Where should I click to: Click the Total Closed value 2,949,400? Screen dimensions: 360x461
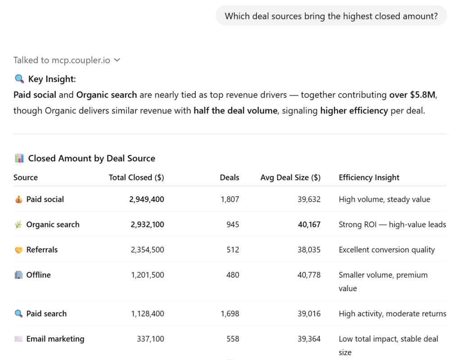pyautogui.click(x=146, y=199)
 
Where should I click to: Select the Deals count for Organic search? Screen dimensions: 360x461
pyautogui.click(x=233, y=225)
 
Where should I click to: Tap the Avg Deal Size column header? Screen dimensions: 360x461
pyautogui.click(x=290, y=177)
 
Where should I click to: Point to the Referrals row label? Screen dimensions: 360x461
pyautogui.click(x=42, y=250)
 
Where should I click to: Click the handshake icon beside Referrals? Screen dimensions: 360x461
pyautogui.click(x=18, y=250)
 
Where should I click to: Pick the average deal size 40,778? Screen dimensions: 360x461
pyautogui.click(x=309, y=275)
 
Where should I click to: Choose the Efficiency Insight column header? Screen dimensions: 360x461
pyautogui.click(x=369, y=177)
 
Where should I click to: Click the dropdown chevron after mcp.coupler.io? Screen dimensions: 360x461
pyautogui.click(x=117, y=60)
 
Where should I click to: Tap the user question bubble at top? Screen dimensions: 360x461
pyautogui.click(x=331, y=16)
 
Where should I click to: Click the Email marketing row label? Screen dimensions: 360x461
pyautogui.click(x=55, y=339)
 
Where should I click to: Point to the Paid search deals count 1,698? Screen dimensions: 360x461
pyautogui.click(x=230, y=314)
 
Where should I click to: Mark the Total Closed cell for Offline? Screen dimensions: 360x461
pyautogui.click(x=147, y=275)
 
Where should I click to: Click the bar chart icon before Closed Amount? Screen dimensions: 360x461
pyautogui.click(x=19, y=158)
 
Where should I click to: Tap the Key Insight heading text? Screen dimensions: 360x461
pyautogui.click(x=52, y=79)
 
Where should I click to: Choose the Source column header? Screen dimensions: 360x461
pyautogui.click(x=26, y=177)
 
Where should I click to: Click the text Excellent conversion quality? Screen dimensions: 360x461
pyautogui.click(x=387, y=250)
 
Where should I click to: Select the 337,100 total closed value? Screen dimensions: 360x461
pyautogui.click(x=150, y=339)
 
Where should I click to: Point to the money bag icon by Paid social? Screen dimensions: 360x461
pyautogui.click(x=18, y=199)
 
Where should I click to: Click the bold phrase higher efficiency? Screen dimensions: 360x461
pyautogui.click(x=354, y=110)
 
